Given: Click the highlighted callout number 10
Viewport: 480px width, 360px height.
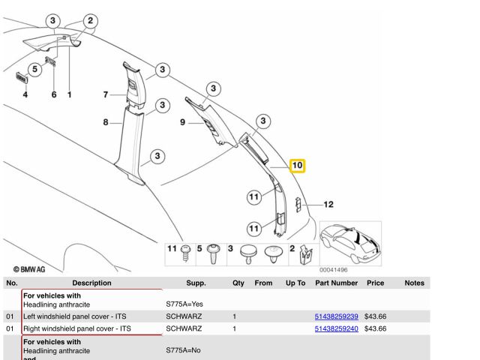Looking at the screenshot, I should pos(297,165).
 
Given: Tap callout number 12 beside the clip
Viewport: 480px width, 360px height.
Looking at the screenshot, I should pos(328,204).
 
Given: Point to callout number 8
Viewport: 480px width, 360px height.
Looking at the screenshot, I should pos(106,122).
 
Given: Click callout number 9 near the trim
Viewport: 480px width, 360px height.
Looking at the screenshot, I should pos(182,122).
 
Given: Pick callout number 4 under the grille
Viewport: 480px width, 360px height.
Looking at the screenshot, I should pos(25,94).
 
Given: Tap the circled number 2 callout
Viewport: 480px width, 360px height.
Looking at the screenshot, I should pos(91,21).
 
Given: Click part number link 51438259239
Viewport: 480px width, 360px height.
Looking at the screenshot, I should pos(336,317).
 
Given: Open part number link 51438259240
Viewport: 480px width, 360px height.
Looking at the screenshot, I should pos(336,328).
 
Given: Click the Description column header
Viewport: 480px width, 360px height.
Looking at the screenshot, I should pos(91,283).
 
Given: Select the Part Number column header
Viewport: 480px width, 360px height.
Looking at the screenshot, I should pos(336,283).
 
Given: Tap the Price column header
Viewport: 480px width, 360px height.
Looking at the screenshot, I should pos(376,283).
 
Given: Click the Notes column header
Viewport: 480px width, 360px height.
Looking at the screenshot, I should pos(414,283).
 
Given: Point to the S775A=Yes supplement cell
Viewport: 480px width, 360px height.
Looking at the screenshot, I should pos(184,304).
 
